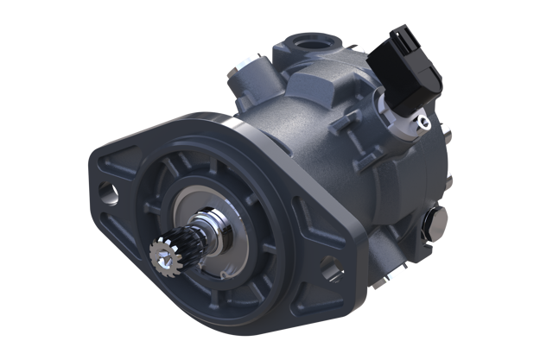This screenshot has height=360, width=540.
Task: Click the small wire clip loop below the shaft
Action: point(224,275)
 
